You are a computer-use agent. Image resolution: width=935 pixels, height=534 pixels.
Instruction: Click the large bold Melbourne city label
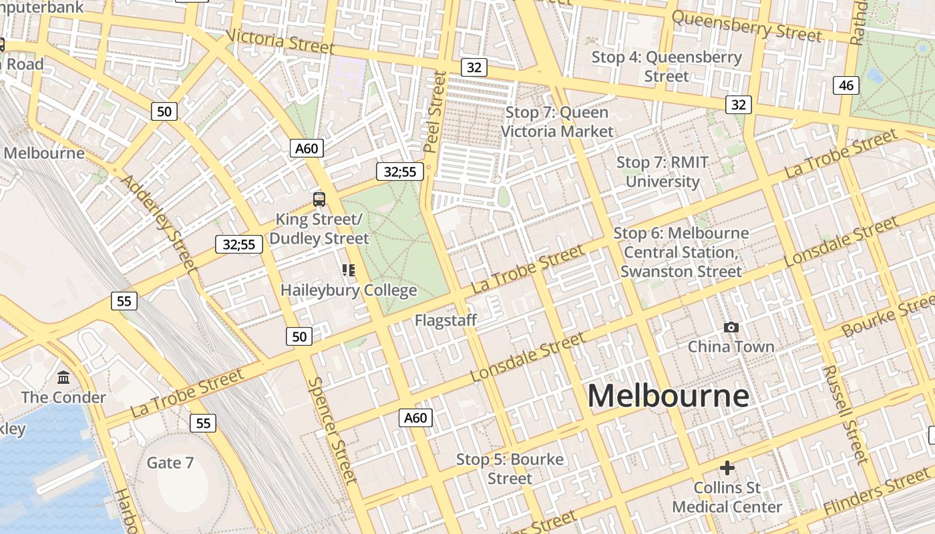click(x=668, y=396)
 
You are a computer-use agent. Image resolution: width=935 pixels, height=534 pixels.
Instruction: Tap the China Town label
click(x=731, y=346)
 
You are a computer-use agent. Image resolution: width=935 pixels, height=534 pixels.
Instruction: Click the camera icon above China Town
click(x=731, y=327)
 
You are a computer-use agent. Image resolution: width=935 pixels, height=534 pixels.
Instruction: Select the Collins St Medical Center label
click(x=727, y=497)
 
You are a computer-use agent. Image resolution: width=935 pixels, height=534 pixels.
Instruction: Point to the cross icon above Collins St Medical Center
click(x=727, y=468)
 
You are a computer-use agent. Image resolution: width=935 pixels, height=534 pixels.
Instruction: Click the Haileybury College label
click(x=349, y=290)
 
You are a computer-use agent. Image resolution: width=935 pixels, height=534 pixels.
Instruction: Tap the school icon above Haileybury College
click(x=349, y=270)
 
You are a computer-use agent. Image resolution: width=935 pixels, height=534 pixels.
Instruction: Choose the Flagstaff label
click(x=445, y=320)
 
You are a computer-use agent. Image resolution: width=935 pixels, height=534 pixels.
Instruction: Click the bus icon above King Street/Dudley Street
click(x=319, y=199)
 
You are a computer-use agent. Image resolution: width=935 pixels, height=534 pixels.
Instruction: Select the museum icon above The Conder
click(x=63, y=378)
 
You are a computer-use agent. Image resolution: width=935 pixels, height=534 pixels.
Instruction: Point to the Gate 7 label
click(x=170, y=463)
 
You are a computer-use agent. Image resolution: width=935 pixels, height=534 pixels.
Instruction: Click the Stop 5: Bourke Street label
click(x=510, y=469)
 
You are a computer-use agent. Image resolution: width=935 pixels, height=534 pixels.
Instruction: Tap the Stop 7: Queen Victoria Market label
click(x=557, y=121)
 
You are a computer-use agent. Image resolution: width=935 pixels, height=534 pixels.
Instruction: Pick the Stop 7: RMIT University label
click(x=663, y=172)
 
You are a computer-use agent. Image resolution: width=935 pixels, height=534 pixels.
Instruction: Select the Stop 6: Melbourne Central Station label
click(x=681, y=252)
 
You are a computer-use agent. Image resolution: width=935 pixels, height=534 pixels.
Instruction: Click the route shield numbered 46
click(x=846, y=85)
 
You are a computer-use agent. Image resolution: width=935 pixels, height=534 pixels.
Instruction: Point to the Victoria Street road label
click(x=280, y=41)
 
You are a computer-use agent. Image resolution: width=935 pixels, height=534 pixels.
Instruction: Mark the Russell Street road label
click(x=845, y=414)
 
